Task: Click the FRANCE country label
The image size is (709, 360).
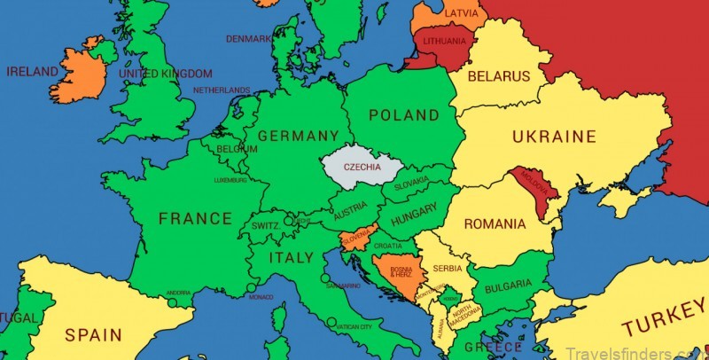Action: [195, 218]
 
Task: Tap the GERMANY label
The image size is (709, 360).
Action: [299, 136]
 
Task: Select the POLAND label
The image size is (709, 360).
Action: [403, 115]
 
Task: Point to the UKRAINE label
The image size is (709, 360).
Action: [554, 137]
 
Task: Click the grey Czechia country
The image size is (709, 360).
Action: [362, 167]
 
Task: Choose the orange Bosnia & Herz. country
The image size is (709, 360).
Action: [392, 270]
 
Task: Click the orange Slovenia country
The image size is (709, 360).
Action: [354, 239]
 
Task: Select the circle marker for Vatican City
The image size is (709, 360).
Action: [331, 322]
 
